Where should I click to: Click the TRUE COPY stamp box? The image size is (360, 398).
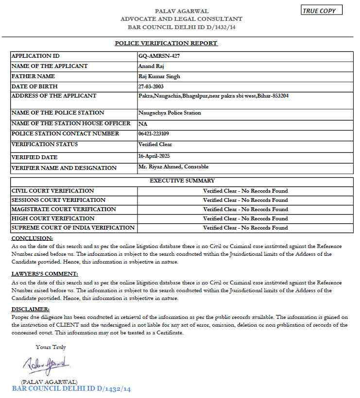pyautogui.click(x=322, y=10)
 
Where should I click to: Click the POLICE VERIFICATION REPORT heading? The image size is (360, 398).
pyautogui.click(x=166, y=43)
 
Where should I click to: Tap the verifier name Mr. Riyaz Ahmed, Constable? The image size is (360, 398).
pyautogui.click(x=173, y=167)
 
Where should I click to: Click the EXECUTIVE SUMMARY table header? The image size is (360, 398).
pyautogui.click(x=182, y=181)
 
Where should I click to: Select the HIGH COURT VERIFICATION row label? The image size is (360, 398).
pyautogui.click(x=53, y=218)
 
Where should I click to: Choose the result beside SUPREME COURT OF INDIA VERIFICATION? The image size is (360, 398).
pyautogui.click(x=245, y=228)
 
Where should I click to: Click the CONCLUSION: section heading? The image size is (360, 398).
pyautogui.click(x=32, y=238)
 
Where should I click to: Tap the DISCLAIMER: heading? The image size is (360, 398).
pyautogui.click(x=31, y=309)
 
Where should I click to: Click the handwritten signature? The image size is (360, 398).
pyautogui.click(x=47, y=364)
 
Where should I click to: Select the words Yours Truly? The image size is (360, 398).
pyautogui.click(x=51, y=347)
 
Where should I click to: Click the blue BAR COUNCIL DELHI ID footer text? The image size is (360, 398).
pyautogui.click(x=71, y=389)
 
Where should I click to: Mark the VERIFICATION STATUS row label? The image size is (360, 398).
pyautogui.click(x=44, y=144)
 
